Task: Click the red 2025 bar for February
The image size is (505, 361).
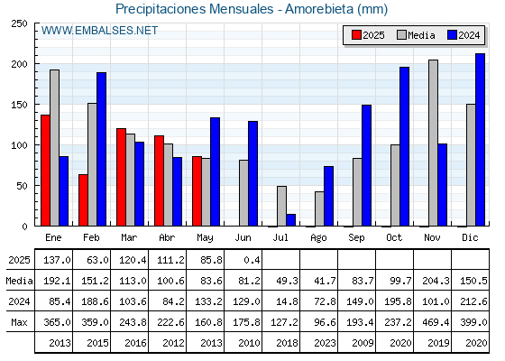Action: tap(83, 200)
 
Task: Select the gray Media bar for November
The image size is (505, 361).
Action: tap(433, 143)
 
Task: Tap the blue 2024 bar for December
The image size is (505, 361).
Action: tap(480, 140)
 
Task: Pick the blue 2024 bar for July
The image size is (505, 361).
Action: tap(290, 220)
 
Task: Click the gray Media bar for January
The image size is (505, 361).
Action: tap(54, 148)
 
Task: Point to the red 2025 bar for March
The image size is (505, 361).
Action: tap(121, 177)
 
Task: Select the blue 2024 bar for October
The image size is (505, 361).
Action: tap(405, 146)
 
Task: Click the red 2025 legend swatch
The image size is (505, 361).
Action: tap(356, 35)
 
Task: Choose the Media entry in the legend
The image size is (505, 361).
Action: tap(416, 35)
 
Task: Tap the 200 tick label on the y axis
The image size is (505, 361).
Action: tap(19, 64)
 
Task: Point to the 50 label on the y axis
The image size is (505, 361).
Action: tap(22, 186)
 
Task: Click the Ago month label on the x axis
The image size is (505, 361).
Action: tap(318, 238)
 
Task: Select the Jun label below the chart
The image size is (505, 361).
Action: tap(243, 237)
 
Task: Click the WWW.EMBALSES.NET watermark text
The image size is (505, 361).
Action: tap(99, 31)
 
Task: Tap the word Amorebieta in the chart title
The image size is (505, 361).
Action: tap(319, 9)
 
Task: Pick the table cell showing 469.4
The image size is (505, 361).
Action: tap(436, 322)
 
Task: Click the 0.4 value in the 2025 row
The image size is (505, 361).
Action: tap(252, 260)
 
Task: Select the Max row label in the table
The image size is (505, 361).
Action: tap(19, 322)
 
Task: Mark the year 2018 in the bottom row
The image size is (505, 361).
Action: tap(287, 343)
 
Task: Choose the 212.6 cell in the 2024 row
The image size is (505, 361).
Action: tap(473, 301)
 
